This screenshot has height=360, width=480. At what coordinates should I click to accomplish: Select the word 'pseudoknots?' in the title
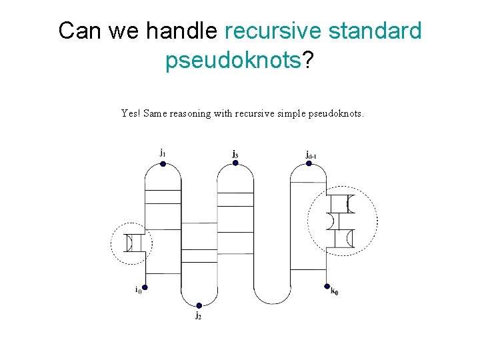pos(239,61)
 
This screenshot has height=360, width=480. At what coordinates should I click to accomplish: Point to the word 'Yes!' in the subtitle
pos(130,113)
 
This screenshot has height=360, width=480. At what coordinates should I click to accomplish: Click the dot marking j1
pos(163,163)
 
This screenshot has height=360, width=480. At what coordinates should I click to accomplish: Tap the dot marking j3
pos(235,163)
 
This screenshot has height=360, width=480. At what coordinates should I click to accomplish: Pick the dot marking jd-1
pos(309,163)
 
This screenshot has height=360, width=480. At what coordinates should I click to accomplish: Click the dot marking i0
pos(145,288)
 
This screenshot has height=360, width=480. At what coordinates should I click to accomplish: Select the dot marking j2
pos(199,305)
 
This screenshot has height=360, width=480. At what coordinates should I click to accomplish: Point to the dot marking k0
pos(326,288)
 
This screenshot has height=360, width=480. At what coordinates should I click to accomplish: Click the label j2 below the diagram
pos(199,315)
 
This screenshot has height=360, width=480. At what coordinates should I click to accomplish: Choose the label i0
pos(137,289)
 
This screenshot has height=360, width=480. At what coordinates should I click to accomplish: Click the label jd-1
pos(311,155)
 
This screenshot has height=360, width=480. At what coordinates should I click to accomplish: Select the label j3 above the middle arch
pos(235,154)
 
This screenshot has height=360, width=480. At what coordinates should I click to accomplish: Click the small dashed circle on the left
pos(131,243)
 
